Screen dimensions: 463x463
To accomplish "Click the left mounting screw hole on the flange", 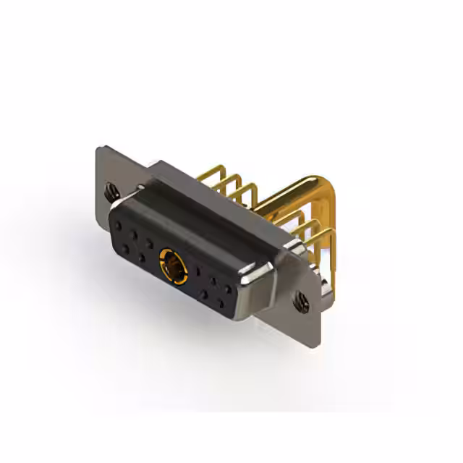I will [x=111, y=192].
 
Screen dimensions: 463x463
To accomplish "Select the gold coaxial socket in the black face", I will [x=174, y=266].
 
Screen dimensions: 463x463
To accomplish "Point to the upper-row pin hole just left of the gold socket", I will [x=150, y=242].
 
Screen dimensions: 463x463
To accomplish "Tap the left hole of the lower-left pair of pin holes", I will [x=126, y=249].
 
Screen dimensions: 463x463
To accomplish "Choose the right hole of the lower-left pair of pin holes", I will [x=142, y=258].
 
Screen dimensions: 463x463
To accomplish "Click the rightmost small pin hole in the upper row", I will [x=229, y=288].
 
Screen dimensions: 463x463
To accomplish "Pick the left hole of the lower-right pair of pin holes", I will [x=205, y=294].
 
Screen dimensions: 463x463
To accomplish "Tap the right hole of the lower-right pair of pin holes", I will [x=220, y=303].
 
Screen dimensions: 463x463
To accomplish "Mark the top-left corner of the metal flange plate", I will [x=99, y=148].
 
